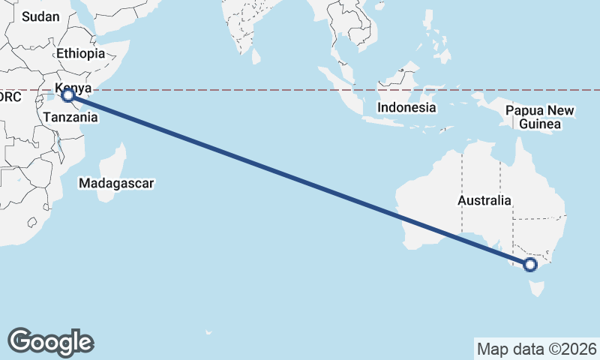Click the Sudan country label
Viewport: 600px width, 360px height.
coord(40,16)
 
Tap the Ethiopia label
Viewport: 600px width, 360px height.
coord(80,54)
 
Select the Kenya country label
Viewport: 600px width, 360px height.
coord(73,87)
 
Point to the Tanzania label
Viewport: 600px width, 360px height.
coord(70,117)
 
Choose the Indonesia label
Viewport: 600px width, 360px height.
coord(406,107)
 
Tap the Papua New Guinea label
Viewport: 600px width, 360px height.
coord(540,117)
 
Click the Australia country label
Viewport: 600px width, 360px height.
coord(485,201)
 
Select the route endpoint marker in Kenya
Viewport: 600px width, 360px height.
coord(68,95)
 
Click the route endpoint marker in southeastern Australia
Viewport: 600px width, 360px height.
coord(530,264)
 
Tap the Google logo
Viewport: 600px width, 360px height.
coord(50,342)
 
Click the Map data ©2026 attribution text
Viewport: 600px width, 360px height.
coord(537,349)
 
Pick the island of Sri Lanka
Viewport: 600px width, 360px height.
coord(256,55)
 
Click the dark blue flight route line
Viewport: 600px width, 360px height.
coord(300,180)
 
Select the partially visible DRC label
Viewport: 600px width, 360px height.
coord(10,97)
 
